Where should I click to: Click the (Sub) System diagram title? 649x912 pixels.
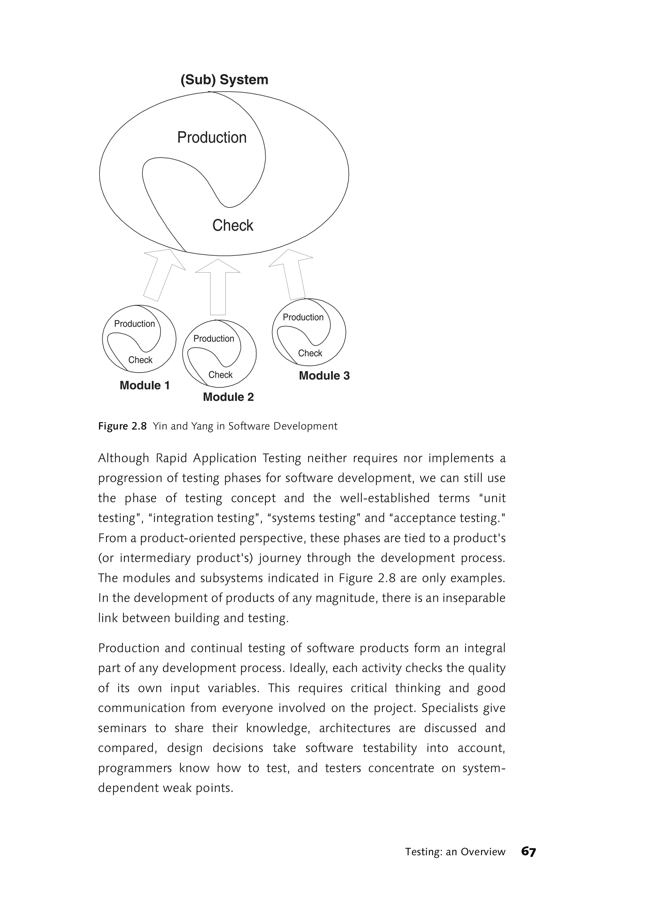224,80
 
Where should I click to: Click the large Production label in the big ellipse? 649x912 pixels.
212,138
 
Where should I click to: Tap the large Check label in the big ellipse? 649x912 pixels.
233,225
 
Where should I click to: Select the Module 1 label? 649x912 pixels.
145,385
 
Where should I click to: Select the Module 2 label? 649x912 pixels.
228,397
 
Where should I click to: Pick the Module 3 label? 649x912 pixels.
324,376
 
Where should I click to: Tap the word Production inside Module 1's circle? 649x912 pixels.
134,324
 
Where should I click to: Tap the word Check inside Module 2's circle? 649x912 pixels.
220,375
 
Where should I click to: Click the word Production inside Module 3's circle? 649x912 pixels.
303,317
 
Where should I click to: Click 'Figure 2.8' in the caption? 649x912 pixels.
123,427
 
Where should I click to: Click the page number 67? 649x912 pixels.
528,852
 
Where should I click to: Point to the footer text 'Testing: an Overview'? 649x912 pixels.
455,852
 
